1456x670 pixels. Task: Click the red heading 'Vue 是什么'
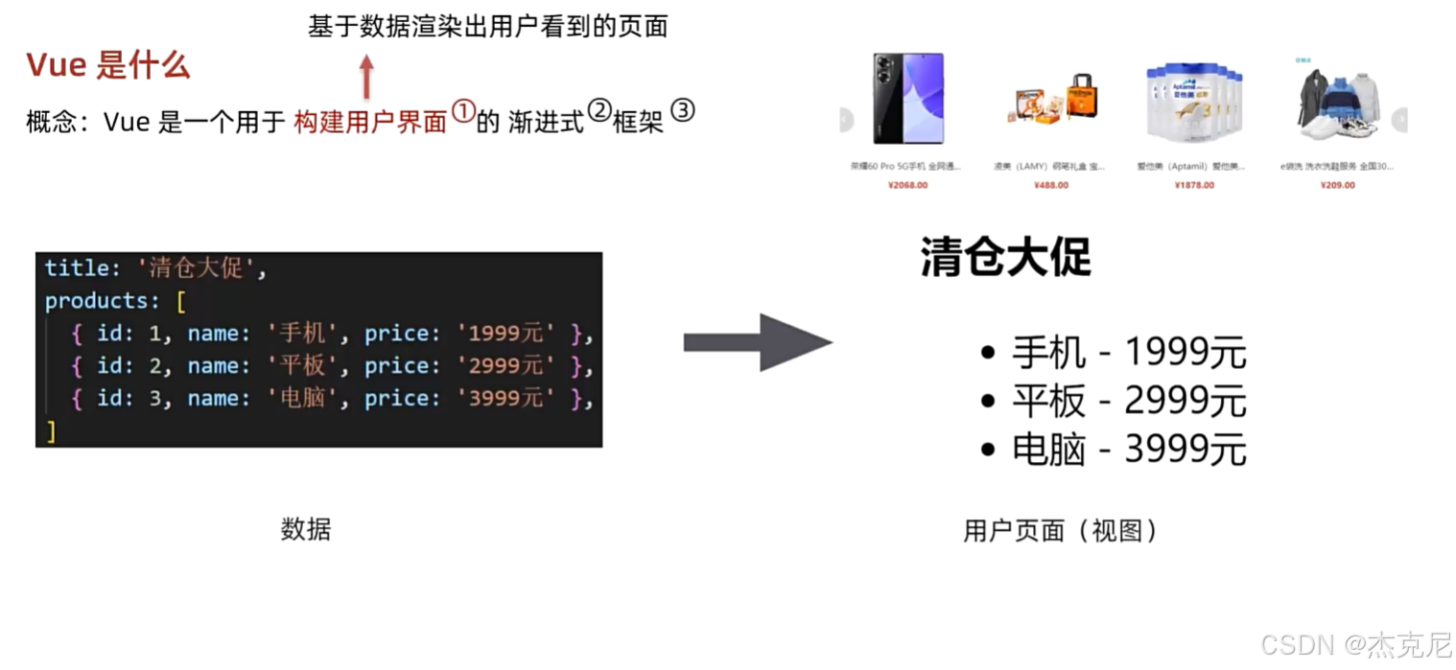[x=107, y=65]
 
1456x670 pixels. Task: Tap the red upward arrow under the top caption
[x=365, y=76]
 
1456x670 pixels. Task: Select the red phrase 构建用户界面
[x=370, y=122]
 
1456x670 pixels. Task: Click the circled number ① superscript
[x=462, y=112]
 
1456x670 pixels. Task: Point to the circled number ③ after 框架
[x=682, y=110]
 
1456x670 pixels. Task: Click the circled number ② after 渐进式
[x=599, y=112]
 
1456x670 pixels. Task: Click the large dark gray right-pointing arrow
[x=758, y=342]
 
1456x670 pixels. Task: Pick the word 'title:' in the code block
[x=82, y=268]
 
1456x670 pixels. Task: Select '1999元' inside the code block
[x=505, y=334]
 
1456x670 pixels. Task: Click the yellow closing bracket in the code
[x=51, y=431]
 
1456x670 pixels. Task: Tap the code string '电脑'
[x=302, y=398]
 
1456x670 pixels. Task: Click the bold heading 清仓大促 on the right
[x=1005, y=257]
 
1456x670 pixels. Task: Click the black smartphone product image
[x=907, y=98]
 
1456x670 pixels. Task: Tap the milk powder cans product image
[x=1193, y=101]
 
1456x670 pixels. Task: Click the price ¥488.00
[x=1051, y=185]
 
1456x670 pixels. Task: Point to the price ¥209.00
[x=1337, y=185]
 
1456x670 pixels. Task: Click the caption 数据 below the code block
[x=306, y=529]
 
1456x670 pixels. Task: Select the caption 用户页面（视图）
[x=1061, y=530]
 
